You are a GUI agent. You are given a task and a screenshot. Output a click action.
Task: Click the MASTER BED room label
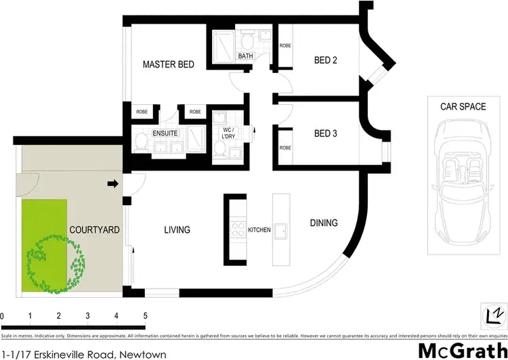(x=169, y=65)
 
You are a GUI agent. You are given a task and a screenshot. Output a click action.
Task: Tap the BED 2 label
(x=326, y=61)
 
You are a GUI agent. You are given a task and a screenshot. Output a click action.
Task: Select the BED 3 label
(x=326, y=133)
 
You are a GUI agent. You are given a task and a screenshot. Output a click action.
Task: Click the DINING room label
(x=324, y=223)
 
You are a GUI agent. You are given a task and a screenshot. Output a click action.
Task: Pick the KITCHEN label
(x=259, y=230)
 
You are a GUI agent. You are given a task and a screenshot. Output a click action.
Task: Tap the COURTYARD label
(x=95, y=230)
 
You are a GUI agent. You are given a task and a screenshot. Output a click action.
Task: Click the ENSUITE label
(x=165, y=133)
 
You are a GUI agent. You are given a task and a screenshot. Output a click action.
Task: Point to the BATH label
(x=245, y=56)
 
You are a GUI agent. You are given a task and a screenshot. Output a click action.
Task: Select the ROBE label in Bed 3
(x=285, y=148)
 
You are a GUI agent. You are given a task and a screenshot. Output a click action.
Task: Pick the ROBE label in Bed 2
(x=285, y=45)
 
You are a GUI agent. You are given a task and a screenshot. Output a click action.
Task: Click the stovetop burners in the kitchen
(x=237, y=230)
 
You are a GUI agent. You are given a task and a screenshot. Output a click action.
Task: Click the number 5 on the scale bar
(x=145, y=316)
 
